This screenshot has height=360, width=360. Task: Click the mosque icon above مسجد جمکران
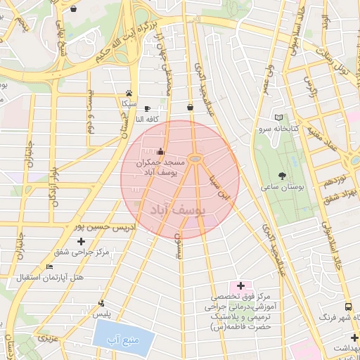[160, 151]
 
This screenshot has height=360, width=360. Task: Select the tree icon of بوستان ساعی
[283, 176]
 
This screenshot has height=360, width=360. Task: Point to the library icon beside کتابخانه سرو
[279, 118]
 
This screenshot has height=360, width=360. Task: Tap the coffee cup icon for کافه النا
[146, 108]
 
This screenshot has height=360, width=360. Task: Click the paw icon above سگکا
[129, 93]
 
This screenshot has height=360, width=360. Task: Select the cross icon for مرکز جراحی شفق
[82, 241]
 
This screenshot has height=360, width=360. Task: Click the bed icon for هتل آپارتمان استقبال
[49, 267]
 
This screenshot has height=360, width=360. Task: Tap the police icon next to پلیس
[102, 304]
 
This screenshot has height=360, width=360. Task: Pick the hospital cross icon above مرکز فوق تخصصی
[241, 285]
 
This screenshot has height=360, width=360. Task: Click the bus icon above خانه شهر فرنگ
[348, 307]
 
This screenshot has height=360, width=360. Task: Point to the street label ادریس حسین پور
[78, 227]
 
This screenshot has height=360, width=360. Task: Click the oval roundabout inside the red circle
[196, 160]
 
